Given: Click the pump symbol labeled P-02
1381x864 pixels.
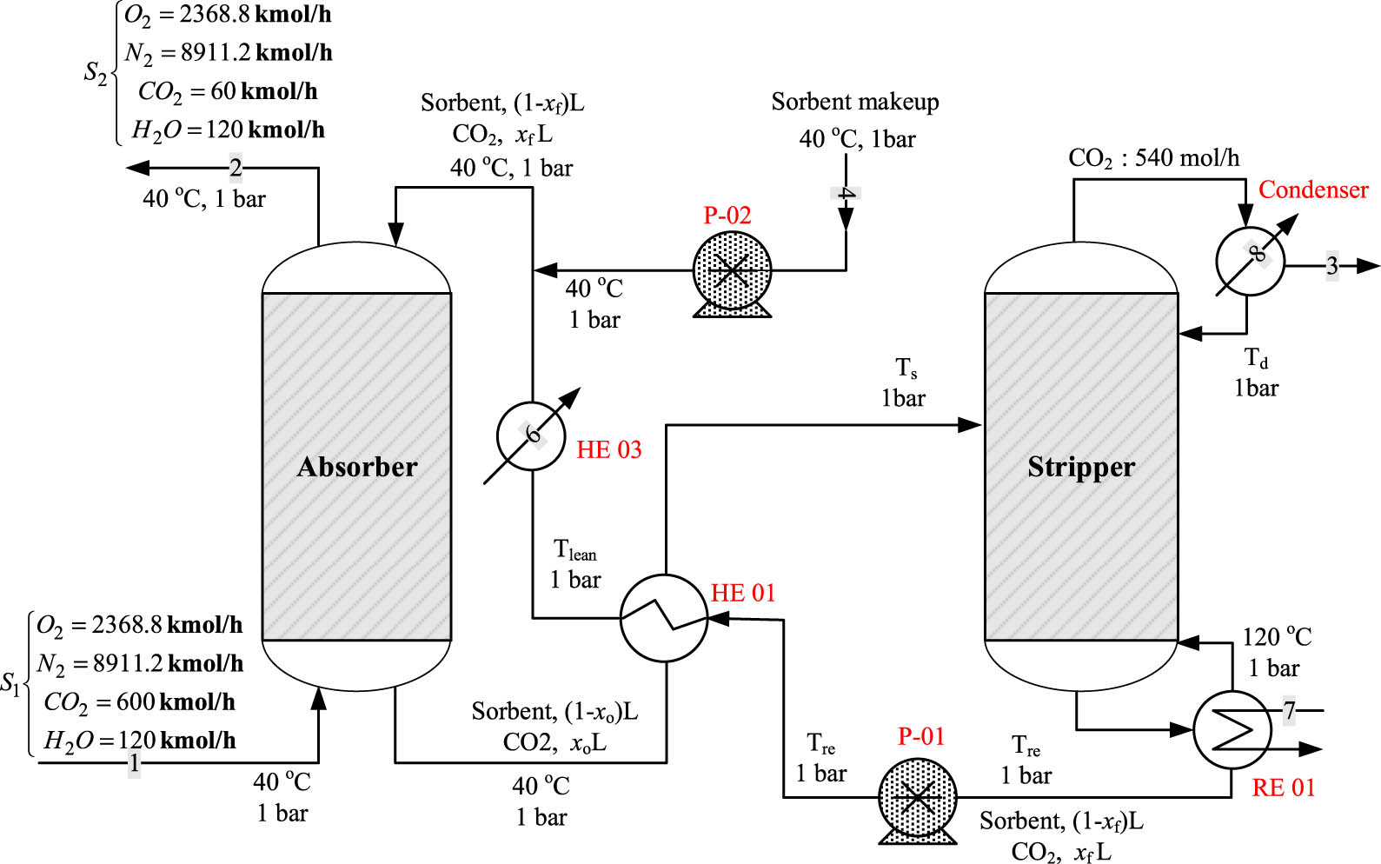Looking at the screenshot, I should coord(732,270).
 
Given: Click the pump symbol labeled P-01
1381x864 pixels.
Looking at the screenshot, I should coord(917,797).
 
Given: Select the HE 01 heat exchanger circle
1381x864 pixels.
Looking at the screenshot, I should coord(664,618).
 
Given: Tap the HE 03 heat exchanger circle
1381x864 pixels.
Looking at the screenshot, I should coord(531,435).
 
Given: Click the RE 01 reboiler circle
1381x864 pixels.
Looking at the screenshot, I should coord(1232,730).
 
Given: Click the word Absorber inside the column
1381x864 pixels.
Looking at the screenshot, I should coord(357,467).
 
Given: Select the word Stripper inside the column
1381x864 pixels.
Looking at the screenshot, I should coord(1081,467).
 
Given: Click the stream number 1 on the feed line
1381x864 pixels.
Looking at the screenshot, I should coord(134,763).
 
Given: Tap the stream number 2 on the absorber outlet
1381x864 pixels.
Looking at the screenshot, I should coord(236,167).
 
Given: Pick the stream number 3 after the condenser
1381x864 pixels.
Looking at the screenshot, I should coord(1331,266).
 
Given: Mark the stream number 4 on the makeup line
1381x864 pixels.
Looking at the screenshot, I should coord(846,193).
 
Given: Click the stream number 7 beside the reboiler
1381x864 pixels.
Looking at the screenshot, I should coord(1289,711).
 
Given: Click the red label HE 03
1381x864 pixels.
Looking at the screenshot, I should coord(608,449).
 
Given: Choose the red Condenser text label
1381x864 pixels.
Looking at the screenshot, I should coord(1312,189).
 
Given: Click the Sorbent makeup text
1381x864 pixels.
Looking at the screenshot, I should coord(854,102).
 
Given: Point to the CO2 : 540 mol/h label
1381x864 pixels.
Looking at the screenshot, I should coord(1153,158).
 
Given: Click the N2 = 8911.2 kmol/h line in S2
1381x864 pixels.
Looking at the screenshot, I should coord(229,53).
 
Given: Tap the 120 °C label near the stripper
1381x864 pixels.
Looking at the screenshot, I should coord(1276,637).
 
